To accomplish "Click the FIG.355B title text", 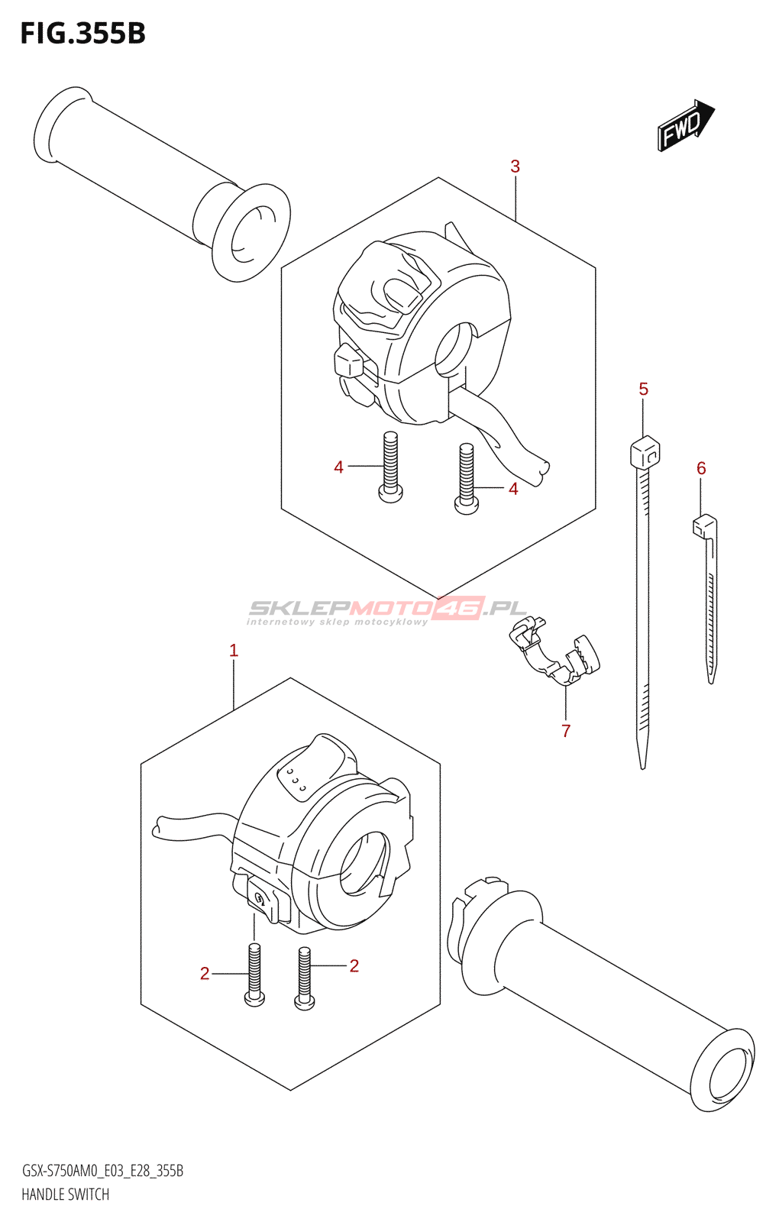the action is coord(82,34).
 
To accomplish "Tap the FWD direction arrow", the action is coord(684,124).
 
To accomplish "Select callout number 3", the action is coord(516,166).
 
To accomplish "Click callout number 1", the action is coord(234,651).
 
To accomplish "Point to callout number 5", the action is coord(644,390).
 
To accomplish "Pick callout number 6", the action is coord(701,468).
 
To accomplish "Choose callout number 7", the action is coord(566,731).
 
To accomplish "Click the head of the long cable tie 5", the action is coord(645,452).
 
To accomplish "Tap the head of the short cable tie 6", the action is coord(704,525).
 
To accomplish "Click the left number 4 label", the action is coord(338,467).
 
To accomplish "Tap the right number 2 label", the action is coord(354,966).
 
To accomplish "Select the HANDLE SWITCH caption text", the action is coord(66,1195).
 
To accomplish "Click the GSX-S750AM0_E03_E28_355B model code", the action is coord(102,1171).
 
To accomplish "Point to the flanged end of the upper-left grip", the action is coord(251,232).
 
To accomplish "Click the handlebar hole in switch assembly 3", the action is coord(455,348).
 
